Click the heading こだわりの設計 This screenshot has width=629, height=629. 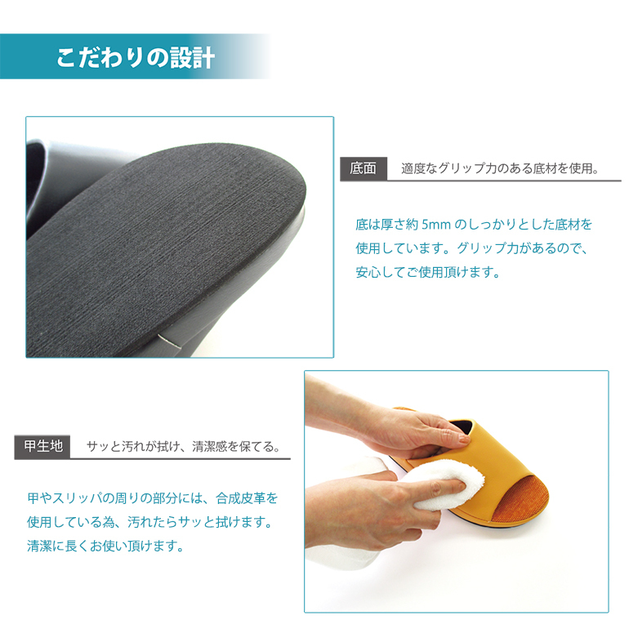pyautogui.click(x=135, y=58)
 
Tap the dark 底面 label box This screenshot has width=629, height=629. pyautogui.click(x=364, y=168)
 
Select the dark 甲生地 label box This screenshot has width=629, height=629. pyautogui.click(x=42, y=447)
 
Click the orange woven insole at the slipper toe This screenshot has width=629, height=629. pyautogui.click(x=520, y=497)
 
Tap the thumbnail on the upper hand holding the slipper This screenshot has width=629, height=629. pyautogui.click(x=465, y=439)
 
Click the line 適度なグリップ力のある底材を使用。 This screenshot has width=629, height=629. pyautogui.click(x=500, y=168)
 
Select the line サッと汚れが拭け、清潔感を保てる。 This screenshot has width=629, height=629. pyautogui.click(x=184, y=447)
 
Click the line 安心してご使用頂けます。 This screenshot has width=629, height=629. pyautogui.click(x=428, y=273)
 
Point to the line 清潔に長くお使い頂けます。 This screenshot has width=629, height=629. pyautogui.click(x=105, y=546)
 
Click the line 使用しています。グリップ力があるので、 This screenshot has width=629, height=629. pyautogui.click(x=472, y=248)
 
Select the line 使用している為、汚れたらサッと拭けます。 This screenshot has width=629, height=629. pyautogui.click(x=150, y=522)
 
